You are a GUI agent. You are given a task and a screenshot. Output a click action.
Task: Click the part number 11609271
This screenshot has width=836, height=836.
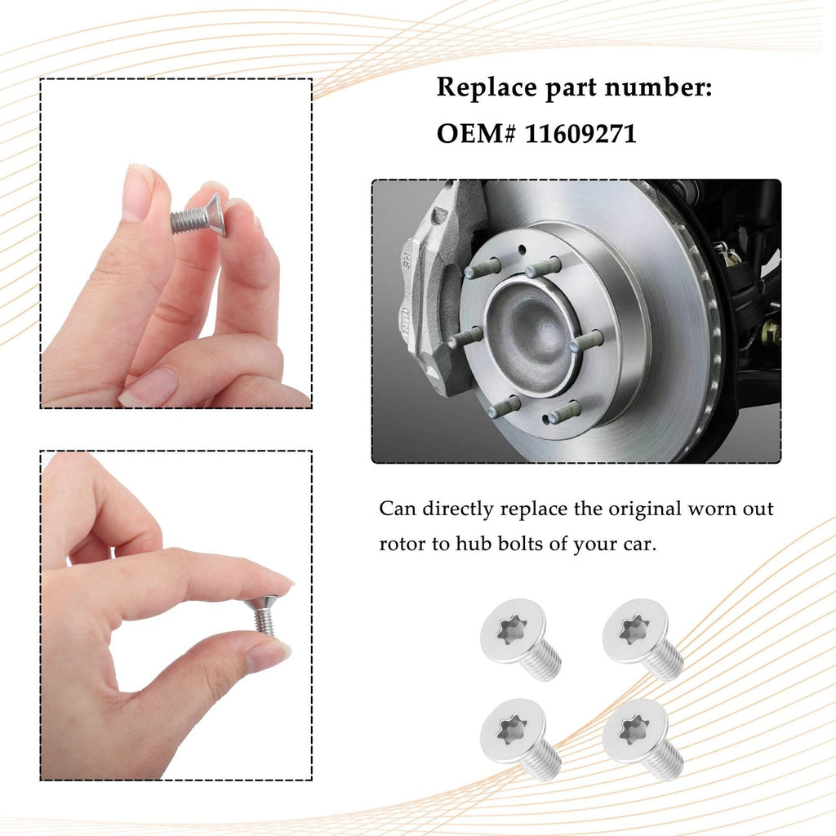coord(580,133)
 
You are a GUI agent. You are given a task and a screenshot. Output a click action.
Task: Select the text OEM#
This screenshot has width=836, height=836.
coord(477,133)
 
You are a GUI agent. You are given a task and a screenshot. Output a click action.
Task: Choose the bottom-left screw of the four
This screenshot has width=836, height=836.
coord(520,739)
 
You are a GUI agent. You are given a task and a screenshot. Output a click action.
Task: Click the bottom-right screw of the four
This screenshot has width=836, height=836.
coord(643,739)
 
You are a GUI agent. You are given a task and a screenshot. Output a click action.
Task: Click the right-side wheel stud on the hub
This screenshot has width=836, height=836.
coord(586,340)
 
